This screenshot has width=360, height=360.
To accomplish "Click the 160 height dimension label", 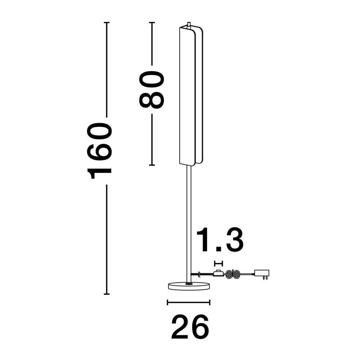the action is tap(99, 151).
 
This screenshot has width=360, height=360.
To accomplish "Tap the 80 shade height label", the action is tap(152, 89).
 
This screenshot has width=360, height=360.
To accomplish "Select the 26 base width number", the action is tap(190, 327).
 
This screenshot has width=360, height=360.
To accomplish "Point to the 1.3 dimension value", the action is tap(220, 240).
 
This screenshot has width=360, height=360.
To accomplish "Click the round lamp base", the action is tap(189, 286).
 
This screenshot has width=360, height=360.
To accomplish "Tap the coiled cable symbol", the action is tap(233, 274).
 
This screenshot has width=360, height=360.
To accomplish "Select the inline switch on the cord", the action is tap(218, 273).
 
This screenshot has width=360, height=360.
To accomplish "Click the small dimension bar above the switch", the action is tap(219, 264).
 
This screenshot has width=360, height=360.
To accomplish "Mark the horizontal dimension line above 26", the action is tap(189, 302).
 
